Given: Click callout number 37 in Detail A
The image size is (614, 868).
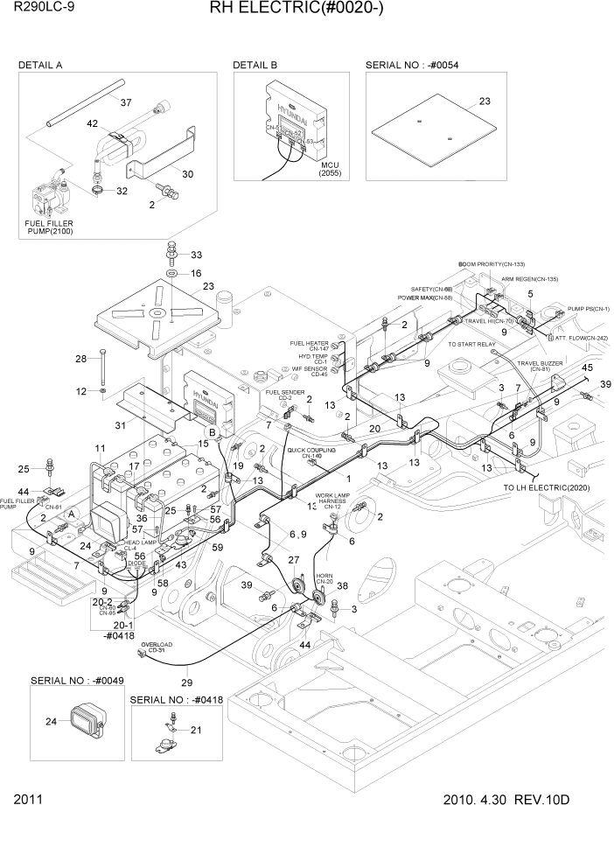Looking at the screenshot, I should (126, 102).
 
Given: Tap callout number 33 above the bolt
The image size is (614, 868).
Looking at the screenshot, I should (196, 255).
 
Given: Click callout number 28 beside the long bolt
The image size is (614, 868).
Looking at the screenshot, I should (80, 359).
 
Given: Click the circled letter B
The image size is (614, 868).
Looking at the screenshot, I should (211, 432).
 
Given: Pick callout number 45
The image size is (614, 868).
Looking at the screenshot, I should (587, 367).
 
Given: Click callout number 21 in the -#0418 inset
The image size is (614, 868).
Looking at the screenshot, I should (196, 730).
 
